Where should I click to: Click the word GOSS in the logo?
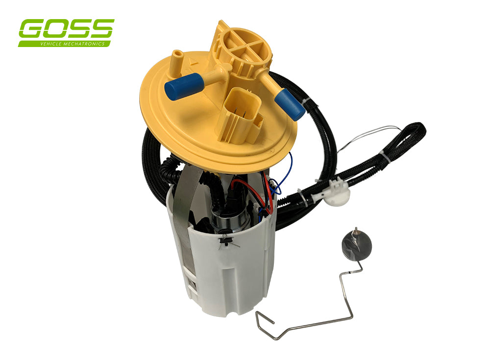coord(66,29)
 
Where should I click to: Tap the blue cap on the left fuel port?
coord(183,87)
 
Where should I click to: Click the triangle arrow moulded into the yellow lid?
coord(194,64)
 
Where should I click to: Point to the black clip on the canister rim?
coord(226,240)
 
